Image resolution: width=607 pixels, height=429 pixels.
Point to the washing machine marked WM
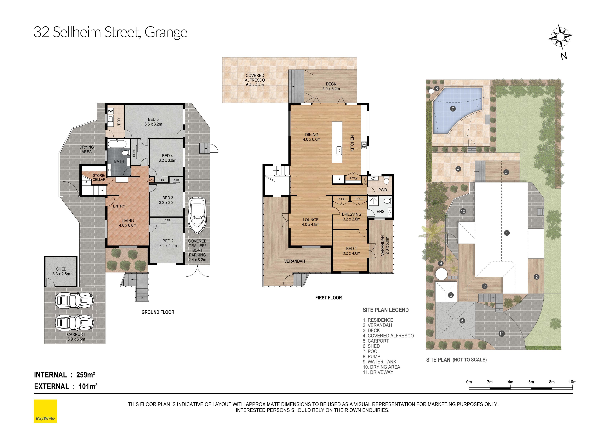click(x=111, y=111)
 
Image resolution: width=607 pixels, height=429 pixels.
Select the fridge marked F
click(x=339, y=180)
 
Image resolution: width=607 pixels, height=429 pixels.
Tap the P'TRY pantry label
click(x=353, y=178)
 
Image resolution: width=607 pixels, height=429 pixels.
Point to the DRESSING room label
click(x=352, y=214)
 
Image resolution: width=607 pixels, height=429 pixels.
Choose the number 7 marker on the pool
click(x=453, y=109)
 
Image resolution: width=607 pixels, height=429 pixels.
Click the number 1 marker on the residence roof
click(x=507, y=233)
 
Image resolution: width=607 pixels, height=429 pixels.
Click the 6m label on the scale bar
click(x=531, y=382)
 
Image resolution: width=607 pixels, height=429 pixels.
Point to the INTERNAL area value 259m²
click(x=86, y=375)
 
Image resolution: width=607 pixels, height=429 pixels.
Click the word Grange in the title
click(x=166, y=33)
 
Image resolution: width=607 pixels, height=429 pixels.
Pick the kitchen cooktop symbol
click(x=364, y=145)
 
